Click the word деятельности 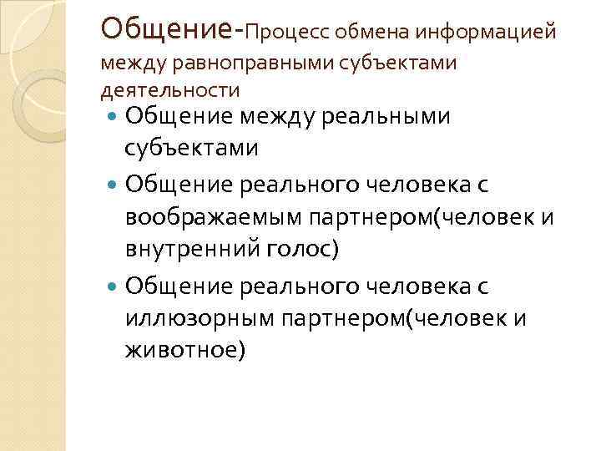coord(170,89)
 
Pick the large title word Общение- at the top coord(172,28)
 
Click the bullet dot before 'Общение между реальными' coord(114,117)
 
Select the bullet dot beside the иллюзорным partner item coord(114,286)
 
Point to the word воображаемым coord(213,217)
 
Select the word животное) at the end coord(185,349)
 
